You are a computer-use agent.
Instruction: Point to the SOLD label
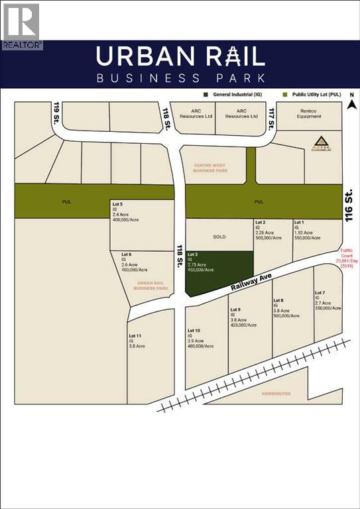pyautogui.click(x=219, y=237)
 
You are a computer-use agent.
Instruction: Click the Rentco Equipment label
pyautogui.click(x=309, y=113)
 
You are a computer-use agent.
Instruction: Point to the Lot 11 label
pyautogui.click(x=135, y=336)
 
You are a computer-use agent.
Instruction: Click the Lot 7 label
pyautogui.click(x=320, y=293)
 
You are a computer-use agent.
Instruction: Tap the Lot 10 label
pyautogui.click(x=194, y=331)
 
